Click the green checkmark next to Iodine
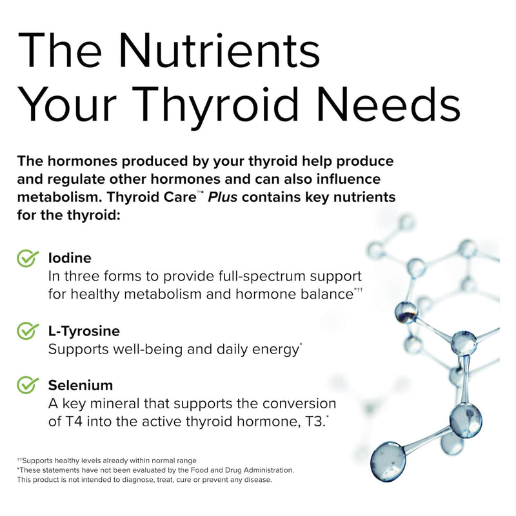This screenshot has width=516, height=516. [27, 258]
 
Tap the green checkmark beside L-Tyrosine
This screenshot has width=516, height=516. [27, 331]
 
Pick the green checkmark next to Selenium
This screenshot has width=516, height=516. [27, 385]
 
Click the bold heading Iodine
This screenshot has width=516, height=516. [70, 258]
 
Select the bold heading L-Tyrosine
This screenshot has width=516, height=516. [84, 331]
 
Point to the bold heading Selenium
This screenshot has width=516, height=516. [81, 385]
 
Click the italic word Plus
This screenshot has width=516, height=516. [223, 197]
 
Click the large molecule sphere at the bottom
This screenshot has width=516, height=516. [389, 460]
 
